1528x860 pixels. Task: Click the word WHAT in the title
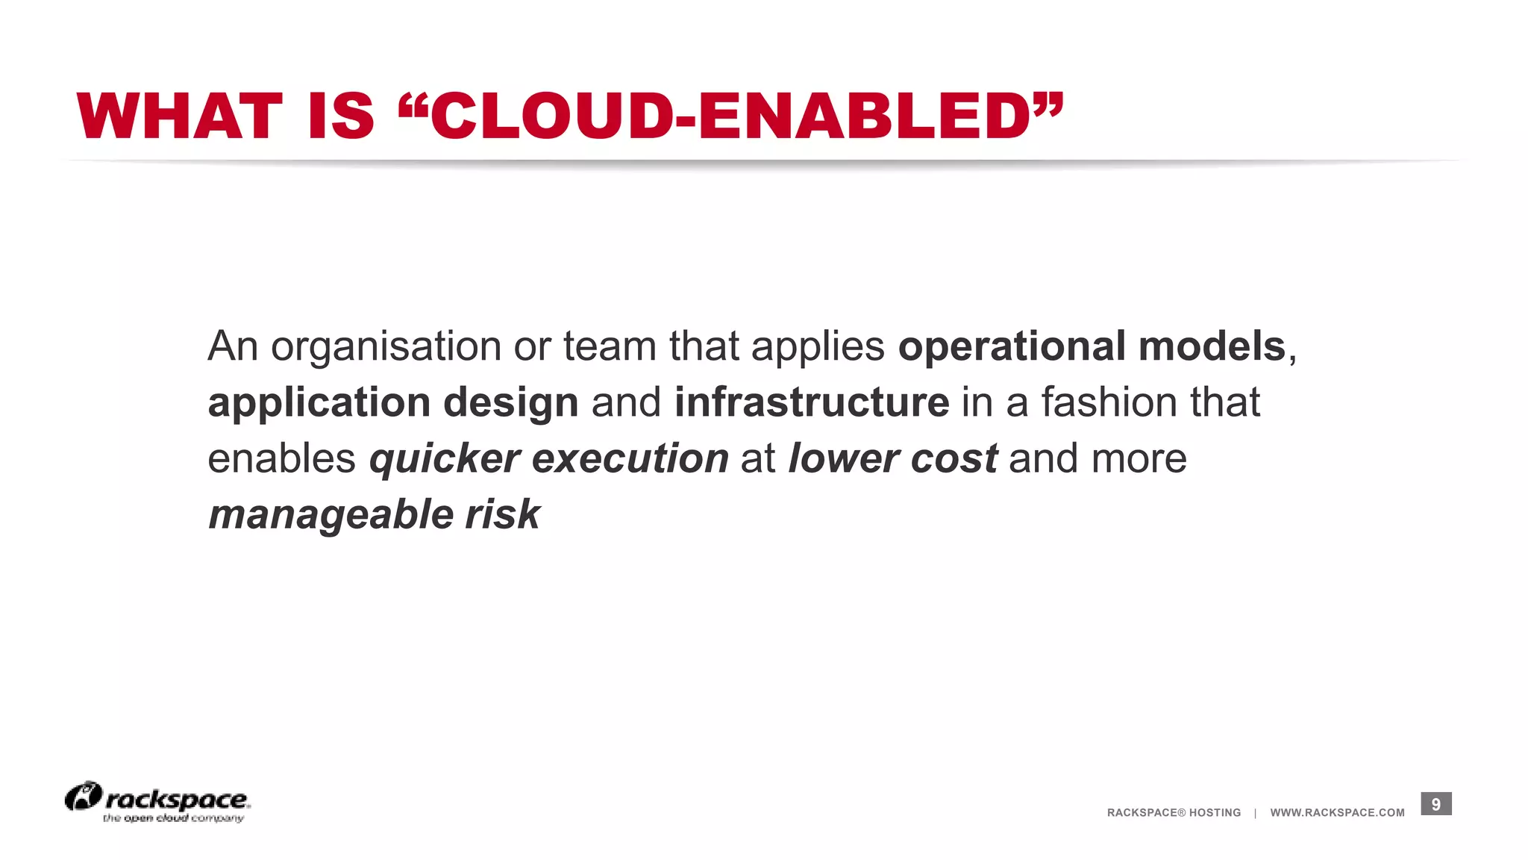[179, 116]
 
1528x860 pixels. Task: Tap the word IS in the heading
[340, 116]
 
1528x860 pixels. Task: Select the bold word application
[319, 403]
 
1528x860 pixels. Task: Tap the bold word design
[510, 403]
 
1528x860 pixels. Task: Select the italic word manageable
[331, 515]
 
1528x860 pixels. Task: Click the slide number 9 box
[1435, 804]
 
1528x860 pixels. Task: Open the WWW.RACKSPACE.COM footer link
[1337, 813]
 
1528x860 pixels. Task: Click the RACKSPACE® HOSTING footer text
[1174, 813]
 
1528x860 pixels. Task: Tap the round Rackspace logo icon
[83, 797]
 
